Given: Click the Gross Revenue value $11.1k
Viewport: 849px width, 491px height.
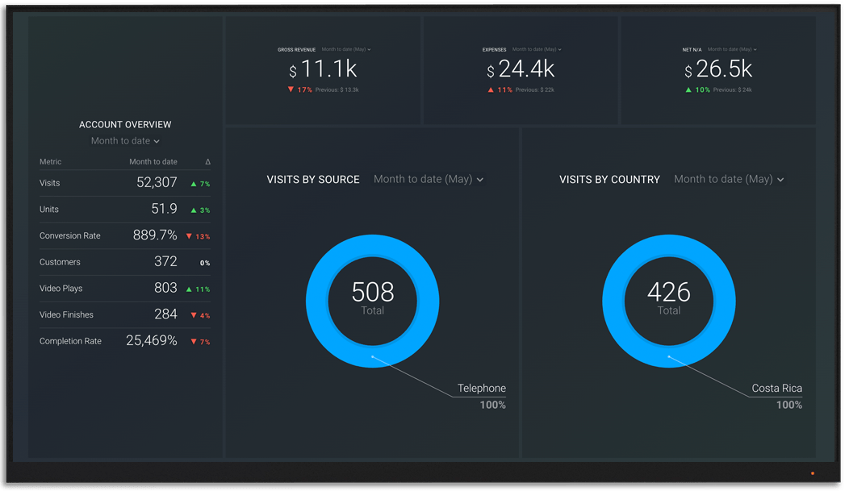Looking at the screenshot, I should point(323,70).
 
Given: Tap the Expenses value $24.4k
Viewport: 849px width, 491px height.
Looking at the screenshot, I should point(521,70).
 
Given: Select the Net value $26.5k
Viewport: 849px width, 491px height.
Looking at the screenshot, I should point(719,70).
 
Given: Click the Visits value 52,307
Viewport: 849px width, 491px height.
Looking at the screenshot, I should point(157,183).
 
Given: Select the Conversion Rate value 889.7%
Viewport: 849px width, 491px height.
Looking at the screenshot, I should point(155,235).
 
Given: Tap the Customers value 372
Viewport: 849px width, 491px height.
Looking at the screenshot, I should point(165,262).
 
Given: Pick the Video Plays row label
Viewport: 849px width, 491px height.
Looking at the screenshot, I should point(61,289).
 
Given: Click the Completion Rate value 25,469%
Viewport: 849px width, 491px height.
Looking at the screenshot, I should point(152,341).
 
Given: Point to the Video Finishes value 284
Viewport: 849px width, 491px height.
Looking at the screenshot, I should point(165,314).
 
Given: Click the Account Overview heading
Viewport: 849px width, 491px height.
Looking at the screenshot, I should point(125,125).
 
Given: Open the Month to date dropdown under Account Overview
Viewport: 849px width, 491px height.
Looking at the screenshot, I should point(125,141).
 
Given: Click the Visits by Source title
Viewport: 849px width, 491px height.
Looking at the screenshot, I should point(313,180).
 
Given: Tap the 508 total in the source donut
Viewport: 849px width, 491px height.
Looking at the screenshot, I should point(373,292).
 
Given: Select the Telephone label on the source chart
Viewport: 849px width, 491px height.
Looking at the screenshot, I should point(482,389).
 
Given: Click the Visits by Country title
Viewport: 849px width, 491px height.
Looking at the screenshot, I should point(609,180).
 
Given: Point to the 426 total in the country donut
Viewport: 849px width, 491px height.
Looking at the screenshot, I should point(669,292).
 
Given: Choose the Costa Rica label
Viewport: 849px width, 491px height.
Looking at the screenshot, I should point(776,389).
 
